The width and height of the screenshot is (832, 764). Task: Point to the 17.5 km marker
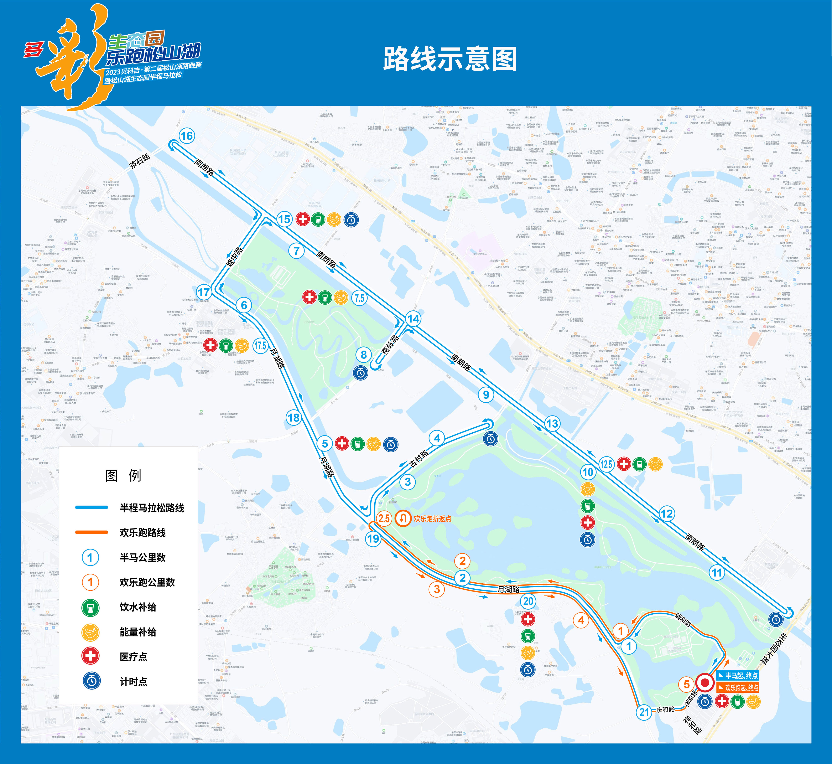tap(260, 345)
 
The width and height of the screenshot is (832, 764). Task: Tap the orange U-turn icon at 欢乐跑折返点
tap(402, 518)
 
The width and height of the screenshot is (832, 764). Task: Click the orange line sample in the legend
tap(91, 532)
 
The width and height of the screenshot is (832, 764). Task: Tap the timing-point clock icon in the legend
tap(91, 681)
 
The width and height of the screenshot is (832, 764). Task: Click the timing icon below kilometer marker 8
tap(360, 373)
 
